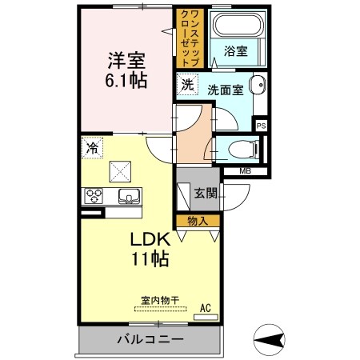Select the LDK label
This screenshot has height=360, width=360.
point(149,239)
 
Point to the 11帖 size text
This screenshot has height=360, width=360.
point(150,259)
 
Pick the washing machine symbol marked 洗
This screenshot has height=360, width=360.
point(186,83)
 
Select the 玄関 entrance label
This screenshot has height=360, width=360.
point(206,194)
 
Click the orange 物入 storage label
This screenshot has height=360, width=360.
point(198,219)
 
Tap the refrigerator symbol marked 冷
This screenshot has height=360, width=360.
point(92,147)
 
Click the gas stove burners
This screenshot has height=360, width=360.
point(96,197)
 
